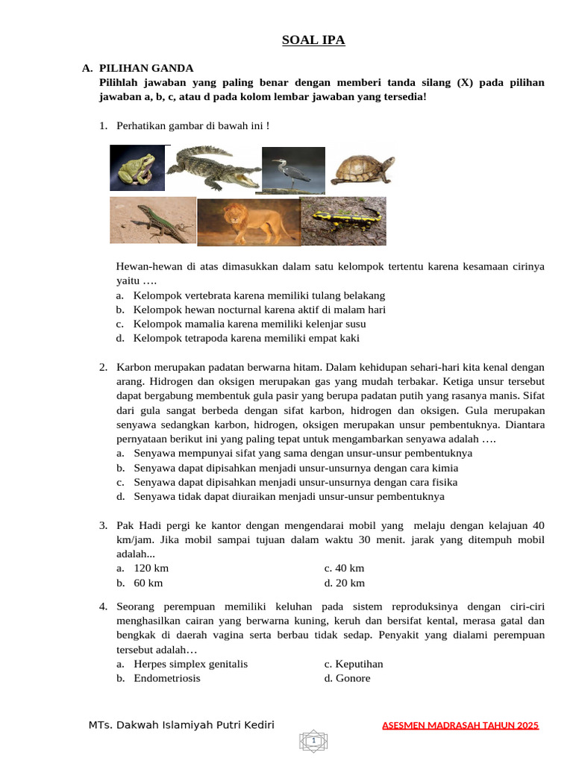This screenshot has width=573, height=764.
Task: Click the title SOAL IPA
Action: pos(313,40)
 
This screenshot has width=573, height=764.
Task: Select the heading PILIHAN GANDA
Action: pos(146,68)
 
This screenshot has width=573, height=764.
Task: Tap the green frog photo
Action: pos(137,168)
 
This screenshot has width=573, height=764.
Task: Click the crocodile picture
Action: pos(213,169)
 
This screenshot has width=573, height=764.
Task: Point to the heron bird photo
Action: pos(293,169)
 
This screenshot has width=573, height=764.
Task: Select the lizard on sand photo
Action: pos(153,220)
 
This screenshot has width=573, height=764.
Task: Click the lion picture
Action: pos(248,222)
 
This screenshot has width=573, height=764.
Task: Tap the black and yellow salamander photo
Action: pos(343,220)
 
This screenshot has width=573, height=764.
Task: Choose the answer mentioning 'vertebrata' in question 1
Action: pos(259,295)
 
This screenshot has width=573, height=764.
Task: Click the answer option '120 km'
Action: pos(151,569)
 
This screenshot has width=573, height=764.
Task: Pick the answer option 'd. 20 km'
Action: pos(345,583)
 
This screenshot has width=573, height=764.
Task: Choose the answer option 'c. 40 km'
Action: pos(344,569)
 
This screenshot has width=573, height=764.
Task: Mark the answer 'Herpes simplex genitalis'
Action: pos(190,664)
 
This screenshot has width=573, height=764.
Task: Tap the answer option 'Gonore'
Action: pos(348,678)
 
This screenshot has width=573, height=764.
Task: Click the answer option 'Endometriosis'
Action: pos(167,678)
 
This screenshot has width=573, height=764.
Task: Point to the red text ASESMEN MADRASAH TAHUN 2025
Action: pos(460,725)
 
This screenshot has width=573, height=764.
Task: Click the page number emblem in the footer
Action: pos(314,741)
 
